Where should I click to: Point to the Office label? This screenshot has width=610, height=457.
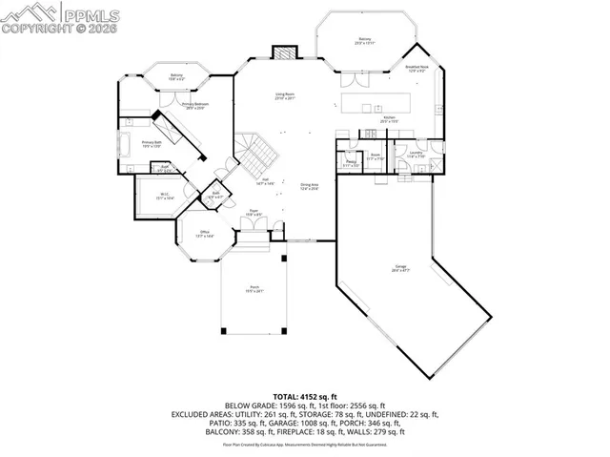(204, 234)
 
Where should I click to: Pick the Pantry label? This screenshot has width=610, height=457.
(351, 164)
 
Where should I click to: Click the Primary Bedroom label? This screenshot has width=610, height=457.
(196, 105)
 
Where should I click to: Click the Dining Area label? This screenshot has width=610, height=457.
(310, 188)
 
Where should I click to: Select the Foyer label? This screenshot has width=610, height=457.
(254, 213)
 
